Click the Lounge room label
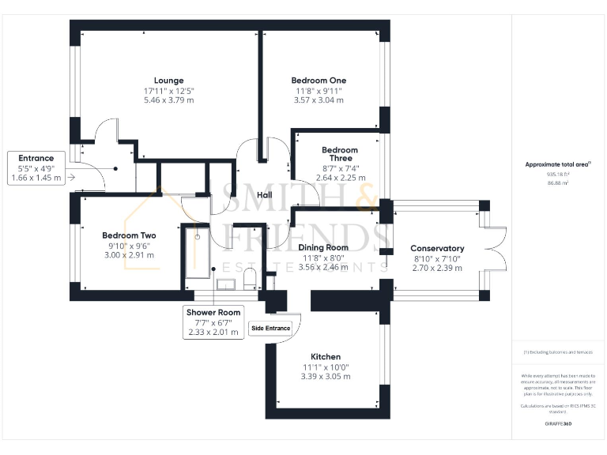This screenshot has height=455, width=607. tap(169, 80)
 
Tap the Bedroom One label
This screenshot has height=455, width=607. tap(319, 80)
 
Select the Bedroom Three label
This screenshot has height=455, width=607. tap(339, 153)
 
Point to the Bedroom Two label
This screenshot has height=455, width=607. tap(128, 235)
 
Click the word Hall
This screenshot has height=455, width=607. tap(265, 172)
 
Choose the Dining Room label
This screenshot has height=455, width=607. tap(324, 247)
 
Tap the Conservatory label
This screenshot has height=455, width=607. tap(437, 248)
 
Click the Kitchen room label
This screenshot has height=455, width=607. tap(325, 356)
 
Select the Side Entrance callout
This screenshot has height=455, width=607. tap(270, 328)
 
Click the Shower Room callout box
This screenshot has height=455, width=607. tap(213, 322)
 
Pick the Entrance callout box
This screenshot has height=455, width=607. tap(37, 168)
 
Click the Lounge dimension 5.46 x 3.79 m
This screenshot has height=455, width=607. tap(169, 100)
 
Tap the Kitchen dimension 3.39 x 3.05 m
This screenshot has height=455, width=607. tap(325, 376)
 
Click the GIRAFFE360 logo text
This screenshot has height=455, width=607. tap(558, 424)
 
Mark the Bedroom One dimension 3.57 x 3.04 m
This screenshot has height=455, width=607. tap(319, 100)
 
